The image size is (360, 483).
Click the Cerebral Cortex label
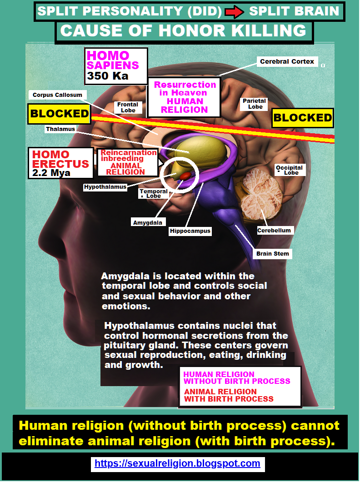[287, 61]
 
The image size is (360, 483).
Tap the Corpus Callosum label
[57, 95]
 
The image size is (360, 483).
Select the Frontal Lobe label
[128, 107]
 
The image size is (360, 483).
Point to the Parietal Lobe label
[255, 104]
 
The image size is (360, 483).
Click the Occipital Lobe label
[289, 170]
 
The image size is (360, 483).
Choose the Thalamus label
[60, 129]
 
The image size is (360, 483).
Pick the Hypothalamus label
[105, 187]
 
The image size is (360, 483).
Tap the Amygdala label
[147, 222]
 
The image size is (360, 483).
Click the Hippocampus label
[190, 231]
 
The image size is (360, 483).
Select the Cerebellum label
[274, 230]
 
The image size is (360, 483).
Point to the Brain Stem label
[272, 253]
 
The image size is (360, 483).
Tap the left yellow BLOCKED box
[60, 114]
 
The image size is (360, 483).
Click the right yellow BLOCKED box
[302, 118]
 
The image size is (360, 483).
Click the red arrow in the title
[235, 12]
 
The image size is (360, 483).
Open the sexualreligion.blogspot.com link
[177, 463]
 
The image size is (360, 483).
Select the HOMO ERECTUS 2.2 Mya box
[60, 163]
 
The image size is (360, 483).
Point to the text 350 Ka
[108, 76]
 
